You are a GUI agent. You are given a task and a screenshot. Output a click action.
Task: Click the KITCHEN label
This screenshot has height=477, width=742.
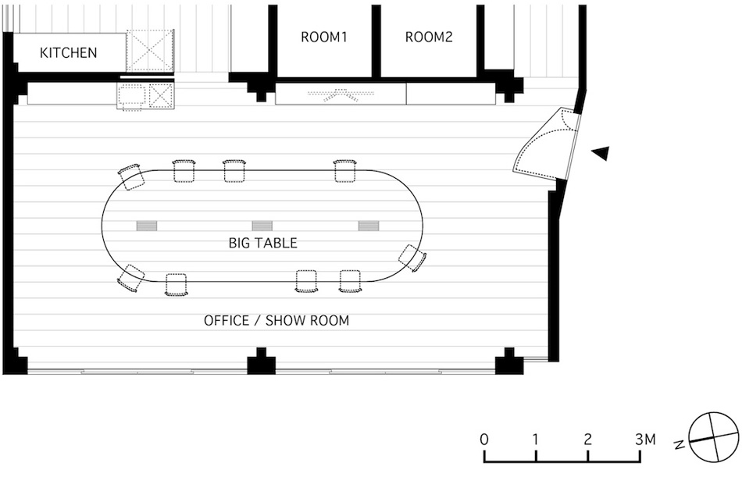point(69,53)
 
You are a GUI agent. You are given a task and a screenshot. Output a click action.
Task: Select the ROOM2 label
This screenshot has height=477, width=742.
point(429,37)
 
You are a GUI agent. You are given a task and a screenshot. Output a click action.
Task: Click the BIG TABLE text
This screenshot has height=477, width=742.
point(262,243)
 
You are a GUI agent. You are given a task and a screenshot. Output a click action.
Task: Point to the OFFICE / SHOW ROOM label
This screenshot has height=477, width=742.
point(276,320)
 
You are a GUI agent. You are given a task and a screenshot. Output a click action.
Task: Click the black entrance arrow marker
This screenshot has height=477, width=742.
point(600,154)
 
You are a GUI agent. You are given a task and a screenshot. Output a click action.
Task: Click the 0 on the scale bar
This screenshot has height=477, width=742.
point(484,439)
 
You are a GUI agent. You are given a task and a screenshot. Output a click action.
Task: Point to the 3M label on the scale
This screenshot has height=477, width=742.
point(645,439)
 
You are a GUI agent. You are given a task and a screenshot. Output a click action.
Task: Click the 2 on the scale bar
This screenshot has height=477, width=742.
point(587,439)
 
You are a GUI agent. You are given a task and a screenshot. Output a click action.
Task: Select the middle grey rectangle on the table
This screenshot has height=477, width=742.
point(262,226)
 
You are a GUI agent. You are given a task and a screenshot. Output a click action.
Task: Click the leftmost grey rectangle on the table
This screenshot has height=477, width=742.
point(147,226)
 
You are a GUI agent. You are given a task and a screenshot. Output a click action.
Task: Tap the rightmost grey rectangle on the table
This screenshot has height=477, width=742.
point(369,226)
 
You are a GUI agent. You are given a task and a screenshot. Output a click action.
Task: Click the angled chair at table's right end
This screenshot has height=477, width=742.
point(412,258)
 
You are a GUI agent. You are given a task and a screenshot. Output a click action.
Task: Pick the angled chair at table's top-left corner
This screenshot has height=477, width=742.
point(131,176)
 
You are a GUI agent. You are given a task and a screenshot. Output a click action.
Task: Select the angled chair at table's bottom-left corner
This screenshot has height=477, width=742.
point(131,278)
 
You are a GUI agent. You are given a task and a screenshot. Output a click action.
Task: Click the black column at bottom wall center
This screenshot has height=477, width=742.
point(262,363)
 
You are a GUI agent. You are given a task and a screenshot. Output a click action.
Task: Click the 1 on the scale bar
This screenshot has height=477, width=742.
point(536,439)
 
